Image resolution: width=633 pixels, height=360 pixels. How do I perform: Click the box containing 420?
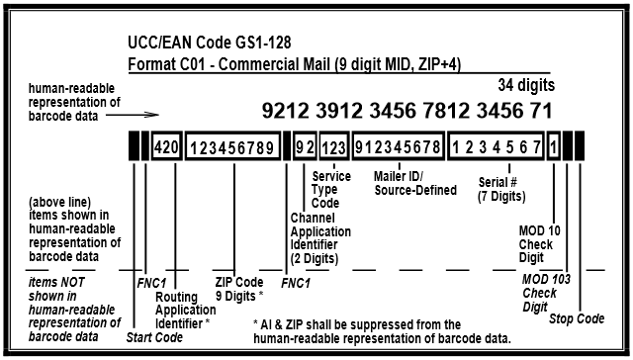[166, 147]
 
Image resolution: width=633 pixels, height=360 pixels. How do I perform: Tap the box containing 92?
[305, 147]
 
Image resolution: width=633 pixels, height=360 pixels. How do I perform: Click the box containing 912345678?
[397, 147]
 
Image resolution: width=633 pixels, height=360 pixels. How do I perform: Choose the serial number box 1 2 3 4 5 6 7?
[495, 147]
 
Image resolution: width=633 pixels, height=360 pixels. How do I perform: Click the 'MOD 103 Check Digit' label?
[540, 293]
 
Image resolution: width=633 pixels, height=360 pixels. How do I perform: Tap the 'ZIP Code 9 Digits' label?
[237, 288]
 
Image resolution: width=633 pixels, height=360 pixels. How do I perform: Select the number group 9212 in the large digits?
[286, 105]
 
